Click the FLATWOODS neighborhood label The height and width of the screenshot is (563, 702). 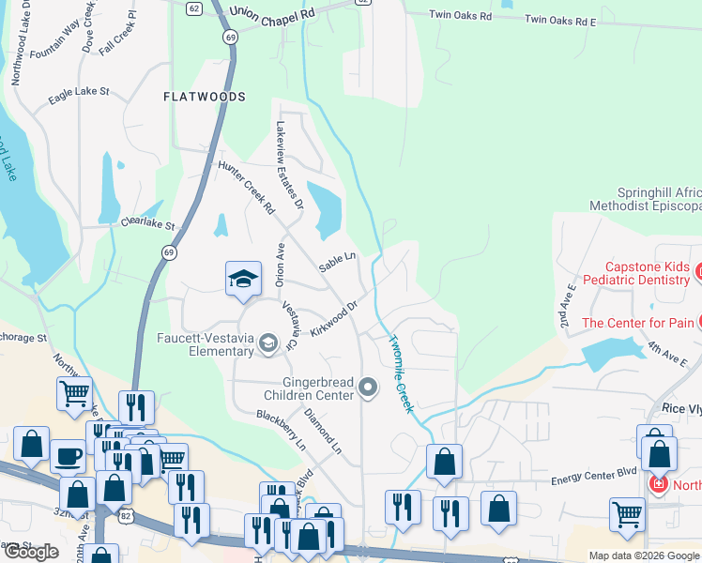click(204, 97)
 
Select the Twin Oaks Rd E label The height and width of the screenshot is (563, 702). click(560, 19)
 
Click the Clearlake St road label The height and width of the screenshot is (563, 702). click(148, 225)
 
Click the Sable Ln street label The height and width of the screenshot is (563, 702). click(337, 263)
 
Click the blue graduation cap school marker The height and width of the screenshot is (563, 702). click(243, 279)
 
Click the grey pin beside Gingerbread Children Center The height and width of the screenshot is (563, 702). click(368, 388)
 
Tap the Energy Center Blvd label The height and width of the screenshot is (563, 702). click(594, 479)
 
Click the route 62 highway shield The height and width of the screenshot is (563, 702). click(193, 8)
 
